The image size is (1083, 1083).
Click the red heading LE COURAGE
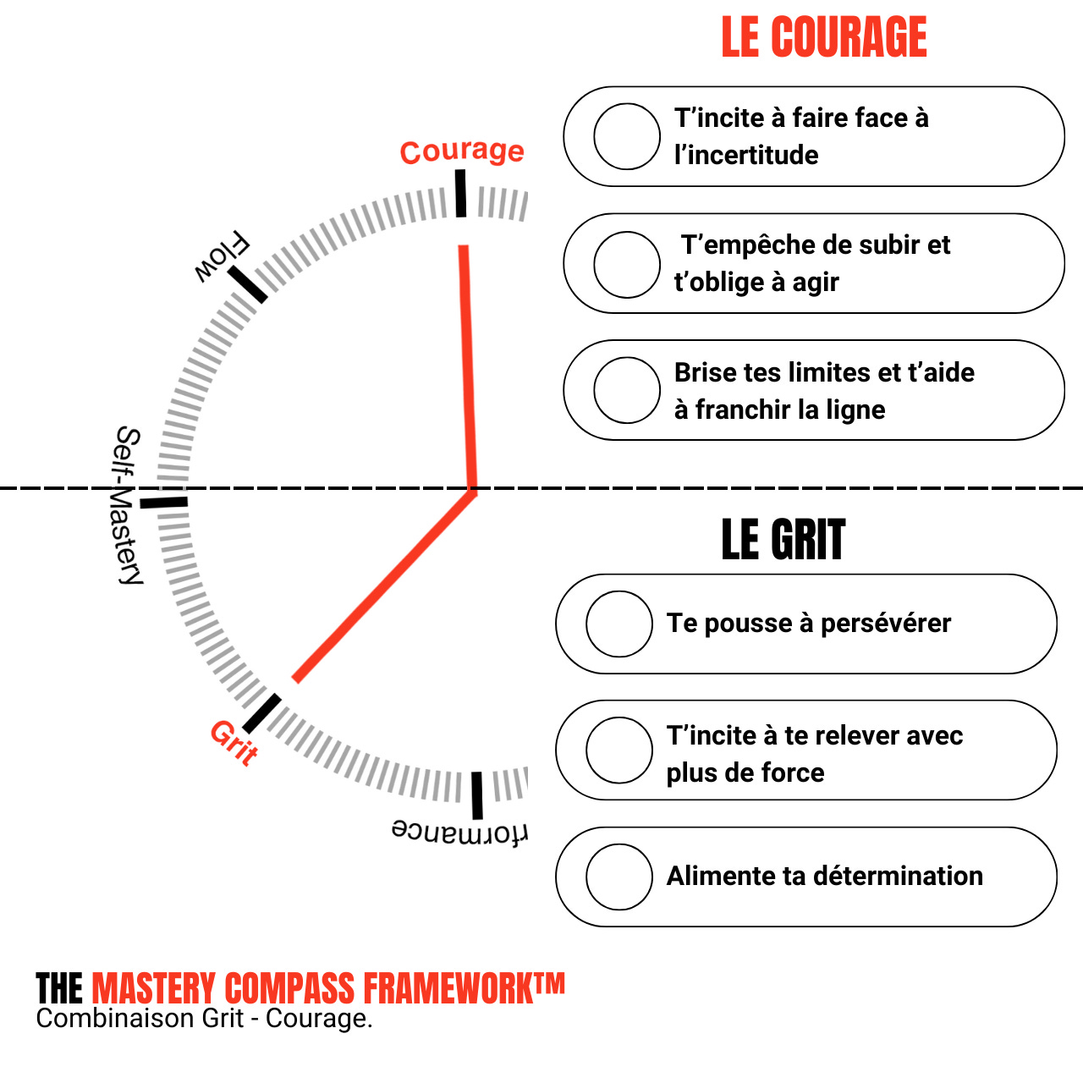point(823,38)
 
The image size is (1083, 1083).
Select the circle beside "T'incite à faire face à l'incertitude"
point(627,136)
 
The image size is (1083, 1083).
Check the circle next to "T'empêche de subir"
point(627,265)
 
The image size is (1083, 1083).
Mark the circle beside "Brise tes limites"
point(627,390)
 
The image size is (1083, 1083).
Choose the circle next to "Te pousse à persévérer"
point(619,624)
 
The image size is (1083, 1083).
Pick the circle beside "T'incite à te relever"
point(619,750)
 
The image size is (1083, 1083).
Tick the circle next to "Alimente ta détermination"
point(619,877)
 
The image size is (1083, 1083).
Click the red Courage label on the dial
point(462,151)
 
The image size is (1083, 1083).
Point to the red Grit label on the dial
point(234,742)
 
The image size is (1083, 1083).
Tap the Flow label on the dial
point(222,257)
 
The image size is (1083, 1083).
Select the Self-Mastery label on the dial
point(128,504)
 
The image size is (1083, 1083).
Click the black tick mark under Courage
point(460,193)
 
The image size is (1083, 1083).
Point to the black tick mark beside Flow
point(247,283)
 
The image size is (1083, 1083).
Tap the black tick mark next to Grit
point(261,713)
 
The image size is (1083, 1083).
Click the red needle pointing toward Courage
point(468,364)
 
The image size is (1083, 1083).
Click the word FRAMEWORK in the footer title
point(464,988)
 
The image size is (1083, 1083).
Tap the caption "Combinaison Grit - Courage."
point(204,1018)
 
